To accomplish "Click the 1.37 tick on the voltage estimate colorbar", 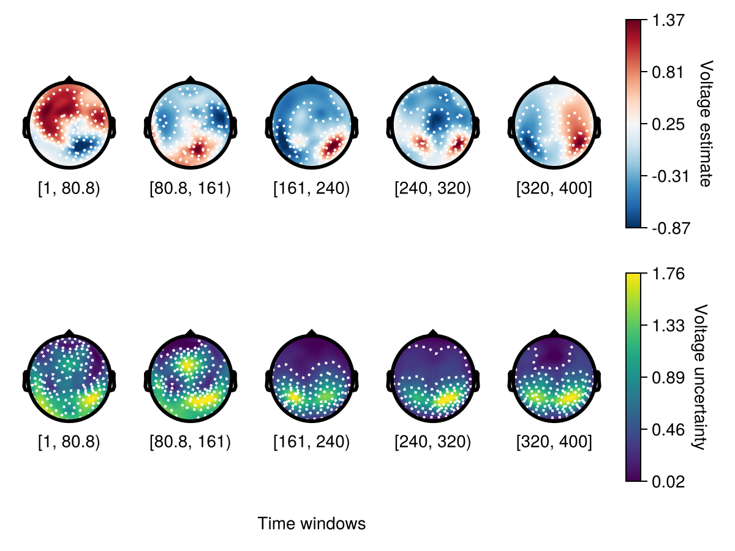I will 666,20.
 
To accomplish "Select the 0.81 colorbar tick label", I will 666,72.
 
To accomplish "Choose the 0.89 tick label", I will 666,377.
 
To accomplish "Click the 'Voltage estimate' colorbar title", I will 706,124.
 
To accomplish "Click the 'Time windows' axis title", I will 311,524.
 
